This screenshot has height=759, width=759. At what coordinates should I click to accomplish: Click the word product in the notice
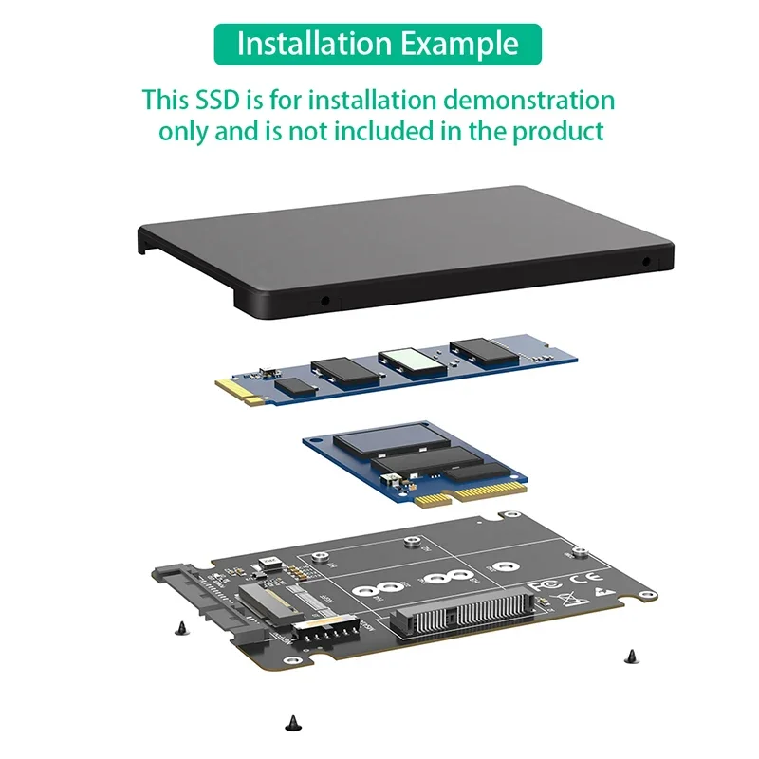[x=558, y=131]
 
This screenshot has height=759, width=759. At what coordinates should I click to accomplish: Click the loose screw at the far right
[x=630, y=655]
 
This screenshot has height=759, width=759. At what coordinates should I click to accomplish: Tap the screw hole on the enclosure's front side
[x=326, y=301]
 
